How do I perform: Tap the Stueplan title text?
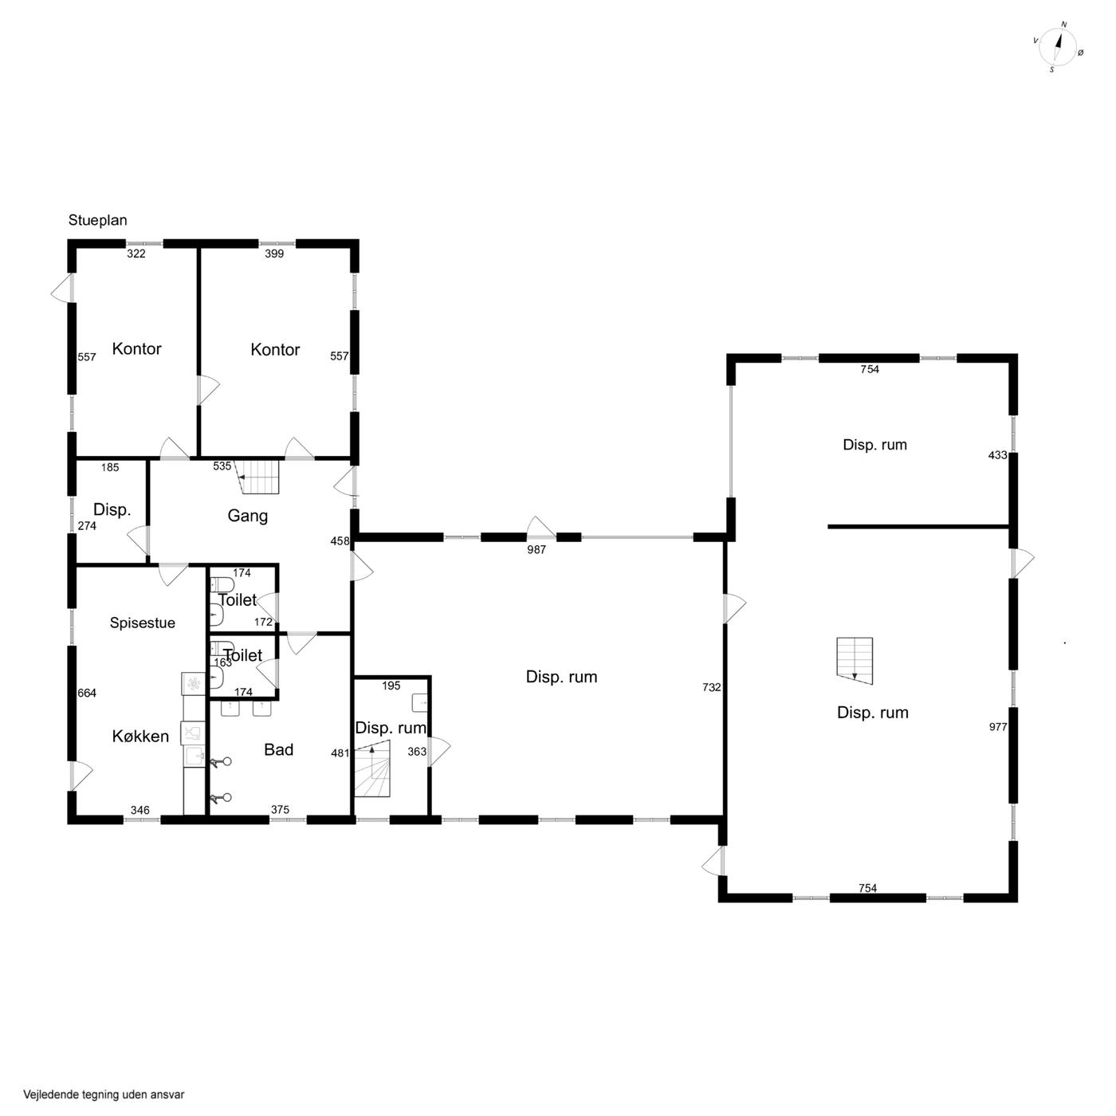tap(97, 220)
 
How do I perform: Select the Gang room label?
tap(247, 516)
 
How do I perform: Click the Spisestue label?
tap(143, 623)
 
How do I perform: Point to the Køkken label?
tap(140, 736)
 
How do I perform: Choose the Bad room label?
tap(278, 750)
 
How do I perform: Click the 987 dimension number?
tap(536, 549)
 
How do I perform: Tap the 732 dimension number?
tap(711, 687)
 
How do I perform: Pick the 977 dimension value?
tap(998, 727)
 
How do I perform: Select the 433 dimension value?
tap(997, 455)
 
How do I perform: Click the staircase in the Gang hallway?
tap(258, 477)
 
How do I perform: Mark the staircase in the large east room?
tap(855, 661)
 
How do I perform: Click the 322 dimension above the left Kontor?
tap(136, 253)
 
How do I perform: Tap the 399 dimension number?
tap(274, 253)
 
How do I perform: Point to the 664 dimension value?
tap(87, 694)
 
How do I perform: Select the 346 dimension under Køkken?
tap(140, 810)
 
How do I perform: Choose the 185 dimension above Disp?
tap(110, 467)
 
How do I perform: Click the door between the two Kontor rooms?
tap(207, 391)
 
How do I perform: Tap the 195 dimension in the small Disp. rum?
tap(391, 686)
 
